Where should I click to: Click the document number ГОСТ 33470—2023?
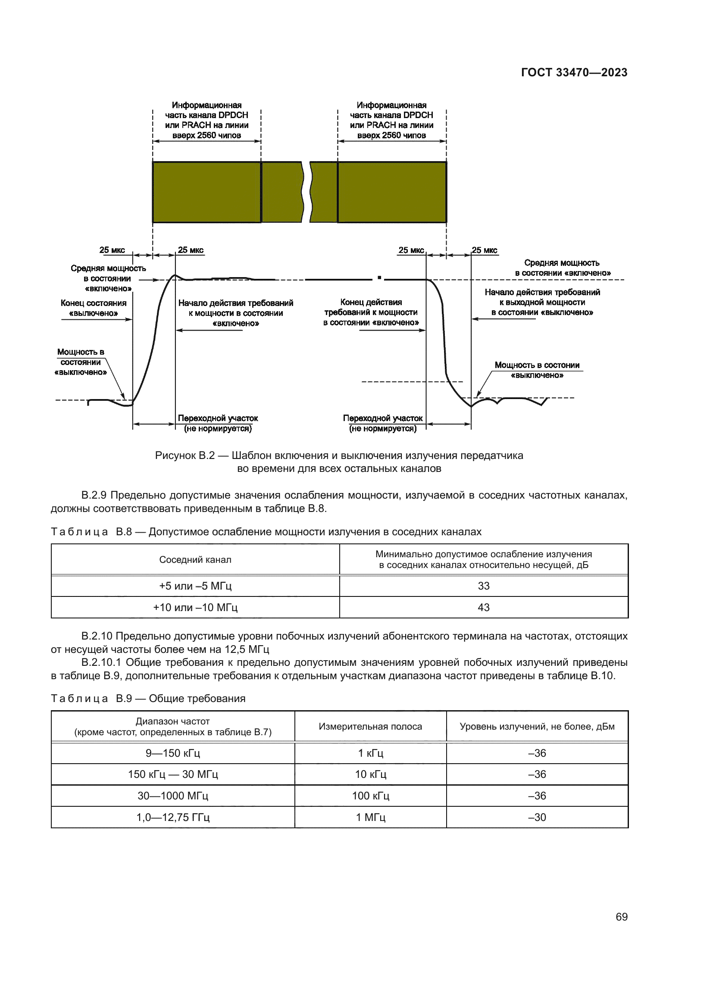(574, 72)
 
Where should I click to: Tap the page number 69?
(621, 917)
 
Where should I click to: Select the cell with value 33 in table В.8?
(483, 586)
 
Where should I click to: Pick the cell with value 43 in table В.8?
(483, 607)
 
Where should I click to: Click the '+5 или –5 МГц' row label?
(195, 586)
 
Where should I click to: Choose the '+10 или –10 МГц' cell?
(195, 607)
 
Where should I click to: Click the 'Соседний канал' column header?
(195, 559)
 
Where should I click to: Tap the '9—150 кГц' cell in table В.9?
(172, 753)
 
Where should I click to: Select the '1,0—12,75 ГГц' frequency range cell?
(172, 817)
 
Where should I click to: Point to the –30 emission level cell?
(537, 817)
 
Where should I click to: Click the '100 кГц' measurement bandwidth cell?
(370, 796)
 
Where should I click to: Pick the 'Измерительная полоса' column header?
(370, 726)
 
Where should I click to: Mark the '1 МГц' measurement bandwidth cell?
(370, 817)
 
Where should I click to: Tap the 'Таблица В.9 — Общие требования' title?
(148, 698)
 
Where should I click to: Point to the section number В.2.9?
(94, 495)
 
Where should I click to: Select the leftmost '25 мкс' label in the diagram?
(112, 250)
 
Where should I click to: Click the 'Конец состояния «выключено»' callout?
(94, 308)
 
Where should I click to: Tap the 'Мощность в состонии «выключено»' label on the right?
(537, 370)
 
